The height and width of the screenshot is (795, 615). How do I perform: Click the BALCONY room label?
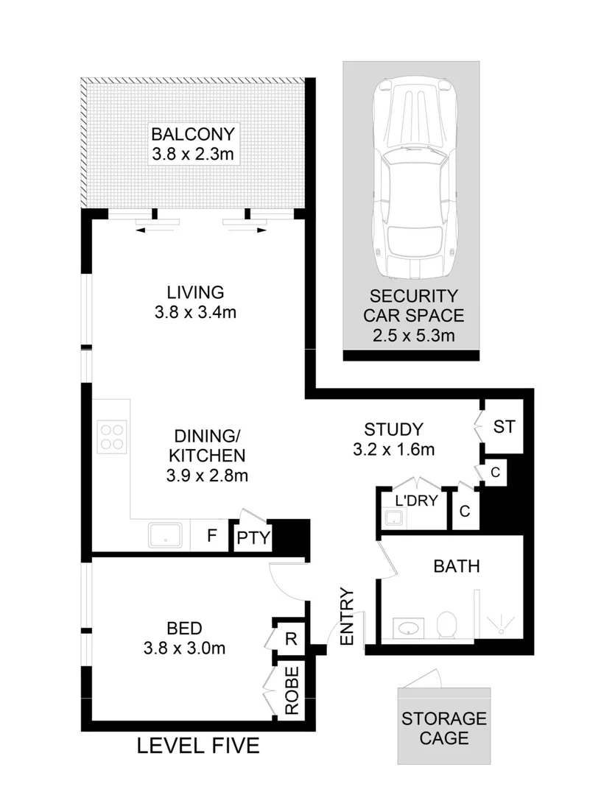pyautogui.click(x=192, y=135)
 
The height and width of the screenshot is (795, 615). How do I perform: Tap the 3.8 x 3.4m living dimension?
pyautogui.click(x=195, y=312)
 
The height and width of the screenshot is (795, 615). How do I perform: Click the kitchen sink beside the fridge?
pyautogui.click(x=166, y=535)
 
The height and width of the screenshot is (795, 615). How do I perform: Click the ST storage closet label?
pyautogui.click(x=503, y=427)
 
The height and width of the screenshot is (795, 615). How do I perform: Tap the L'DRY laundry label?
pyautogui.click(x=417, y=501)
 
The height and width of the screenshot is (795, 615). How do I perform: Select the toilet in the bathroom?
pyautogui.click(x=447, y=626)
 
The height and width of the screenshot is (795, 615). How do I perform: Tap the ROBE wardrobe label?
pyautogui.click(x=292, y=690)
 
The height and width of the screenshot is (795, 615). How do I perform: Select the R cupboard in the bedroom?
pyautogui.click(x=290, y=638)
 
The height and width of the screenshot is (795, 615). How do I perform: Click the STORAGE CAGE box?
pyautogui.click(x=443, y=726)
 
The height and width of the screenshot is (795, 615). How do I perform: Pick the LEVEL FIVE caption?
pyautogui.click(x=199, y=746)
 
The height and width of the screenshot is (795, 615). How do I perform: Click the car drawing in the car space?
pyautogui.click(x=412, y=179)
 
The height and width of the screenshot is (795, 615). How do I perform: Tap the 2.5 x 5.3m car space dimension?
pyautogui.click(x=412, y=336)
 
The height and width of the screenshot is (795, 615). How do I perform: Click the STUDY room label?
pyautogui.click(x=394, y=428)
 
